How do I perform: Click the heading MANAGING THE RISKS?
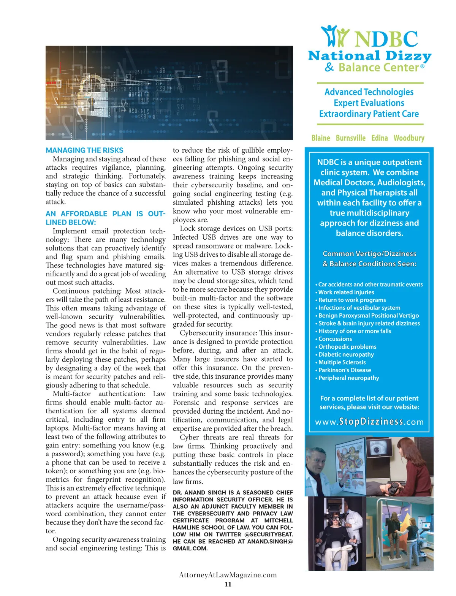[x=84, y=150]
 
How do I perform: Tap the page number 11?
[x=228, y=584]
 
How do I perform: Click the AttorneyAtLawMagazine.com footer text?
[x=228, y=575]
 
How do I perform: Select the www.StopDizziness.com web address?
[x=369, y=422]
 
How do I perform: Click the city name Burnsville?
[x=351, y=138]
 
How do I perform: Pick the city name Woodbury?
[x=409, y=138]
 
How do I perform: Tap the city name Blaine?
[x=321, y=138]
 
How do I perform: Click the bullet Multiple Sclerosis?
[x=342, y=362]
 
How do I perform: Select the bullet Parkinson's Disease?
[x=345, y=370]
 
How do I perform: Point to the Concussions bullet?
[x=335, y=339]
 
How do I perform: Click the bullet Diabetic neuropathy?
[x=346, y=354]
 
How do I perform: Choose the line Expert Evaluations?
[x=369, y=103]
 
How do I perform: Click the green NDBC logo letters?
[x=386, y=39]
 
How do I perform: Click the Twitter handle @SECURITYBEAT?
[x=269, y=534]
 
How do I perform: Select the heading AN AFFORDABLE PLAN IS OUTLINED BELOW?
[x=105, y=218]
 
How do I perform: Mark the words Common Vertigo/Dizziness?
[x=369, y=254]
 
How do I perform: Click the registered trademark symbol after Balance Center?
[x=422, y=67]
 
